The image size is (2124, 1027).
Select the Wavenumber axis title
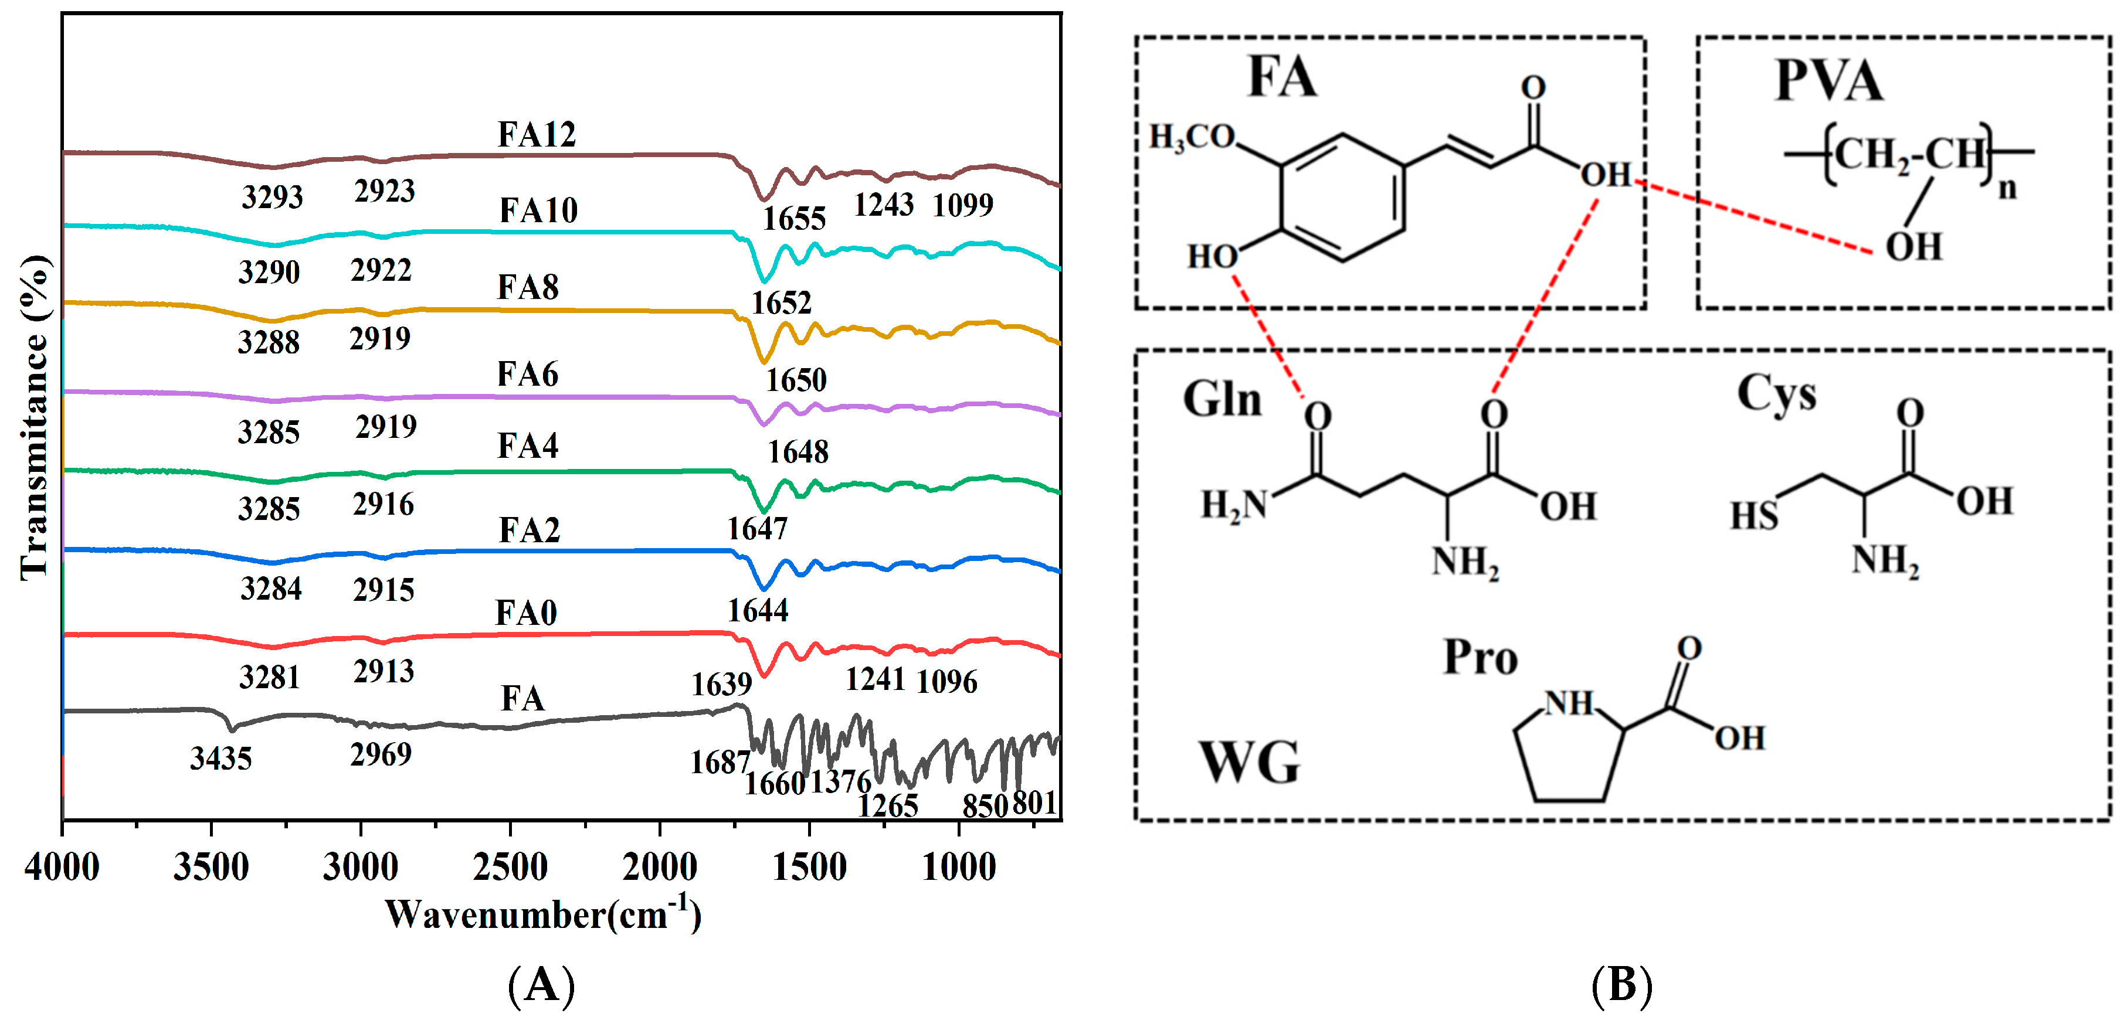pos(542,914)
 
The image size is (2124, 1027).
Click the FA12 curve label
pos(536,134)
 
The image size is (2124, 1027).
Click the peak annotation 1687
pos(719,763)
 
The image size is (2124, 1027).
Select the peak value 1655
pos(793,219)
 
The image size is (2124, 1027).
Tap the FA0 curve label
pos(525,613)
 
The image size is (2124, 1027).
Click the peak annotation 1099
pos(962,205)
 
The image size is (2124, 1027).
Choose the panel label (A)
pos(541,984)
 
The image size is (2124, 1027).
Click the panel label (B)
pos(1621,984)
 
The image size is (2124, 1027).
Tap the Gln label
pos(1222,399)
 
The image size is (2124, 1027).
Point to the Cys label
pos(1776,394)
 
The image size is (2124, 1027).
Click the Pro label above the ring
pos(1480,658)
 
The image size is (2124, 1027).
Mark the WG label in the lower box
pos(1248,763)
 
